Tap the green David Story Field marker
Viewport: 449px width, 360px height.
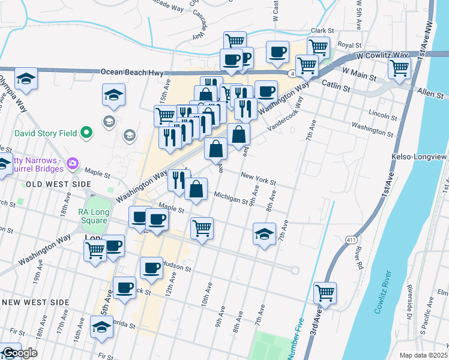click(x=86, y=131)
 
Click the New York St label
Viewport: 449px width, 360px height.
click(x=258, y=179)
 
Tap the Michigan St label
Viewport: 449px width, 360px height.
click(x=231, y=198)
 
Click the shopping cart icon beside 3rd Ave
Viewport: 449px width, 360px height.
click(x=325, y=293)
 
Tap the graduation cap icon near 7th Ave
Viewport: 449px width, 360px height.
click(x=264, y=234)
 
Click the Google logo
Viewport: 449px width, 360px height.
click(x=19, y=353)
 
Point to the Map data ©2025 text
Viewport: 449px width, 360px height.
click(x=424, y=355)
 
